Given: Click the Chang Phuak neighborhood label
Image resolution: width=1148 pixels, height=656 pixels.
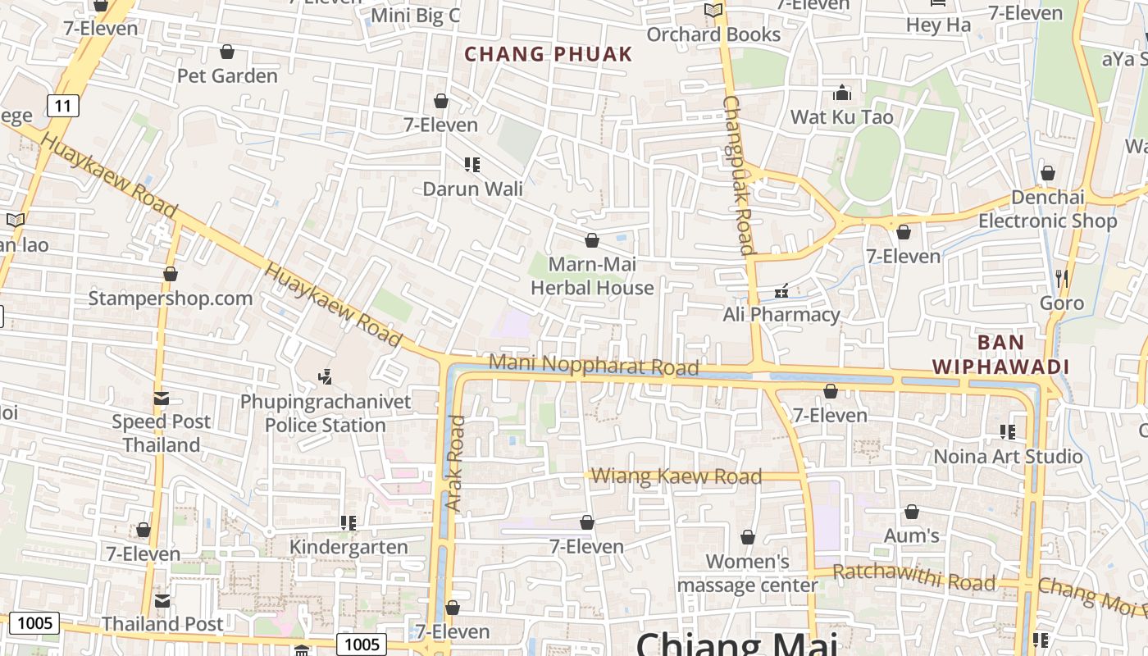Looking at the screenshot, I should (x=549, y=54).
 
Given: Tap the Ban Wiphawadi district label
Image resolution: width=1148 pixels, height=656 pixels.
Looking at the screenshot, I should (x=1000, y=354).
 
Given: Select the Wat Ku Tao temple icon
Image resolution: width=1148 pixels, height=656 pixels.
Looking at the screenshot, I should (x=842, y=93).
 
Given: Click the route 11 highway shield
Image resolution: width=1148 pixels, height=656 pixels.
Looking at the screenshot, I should (x=62, y=105).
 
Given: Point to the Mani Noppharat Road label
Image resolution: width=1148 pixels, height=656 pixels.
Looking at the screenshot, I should (x=594, y=365).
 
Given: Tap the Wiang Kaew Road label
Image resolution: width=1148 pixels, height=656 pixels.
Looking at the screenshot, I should (x=676, y=476).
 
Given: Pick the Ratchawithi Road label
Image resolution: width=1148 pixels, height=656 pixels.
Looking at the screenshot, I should (x=913, y=577).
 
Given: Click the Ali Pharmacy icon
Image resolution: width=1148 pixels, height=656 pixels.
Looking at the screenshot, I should (x=781, y=291).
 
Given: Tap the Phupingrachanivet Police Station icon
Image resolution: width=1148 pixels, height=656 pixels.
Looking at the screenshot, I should (x=326, y=377).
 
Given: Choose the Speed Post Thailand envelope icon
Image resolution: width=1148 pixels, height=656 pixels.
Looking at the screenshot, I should (x=162, y=399).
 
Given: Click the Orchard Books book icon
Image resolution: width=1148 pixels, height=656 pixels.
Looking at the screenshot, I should (x=713, y=11).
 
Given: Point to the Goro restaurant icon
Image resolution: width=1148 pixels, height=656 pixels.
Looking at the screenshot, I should (x=1062, y=279).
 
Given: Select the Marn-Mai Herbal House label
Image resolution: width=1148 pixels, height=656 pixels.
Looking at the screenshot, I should (x=592, y=276).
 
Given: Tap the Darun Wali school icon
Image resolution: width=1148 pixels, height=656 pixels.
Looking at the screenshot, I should (x=471, y=165).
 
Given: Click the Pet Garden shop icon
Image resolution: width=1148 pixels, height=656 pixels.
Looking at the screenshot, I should (x=227, y=52).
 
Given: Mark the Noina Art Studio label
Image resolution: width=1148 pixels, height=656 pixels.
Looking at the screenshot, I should (x=1008, y=457).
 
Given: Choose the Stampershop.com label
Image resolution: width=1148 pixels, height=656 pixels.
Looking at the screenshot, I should (x=171, y=298).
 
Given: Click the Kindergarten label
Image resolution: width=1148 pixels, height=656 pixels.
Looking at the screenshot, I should (x=348, y=547).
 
